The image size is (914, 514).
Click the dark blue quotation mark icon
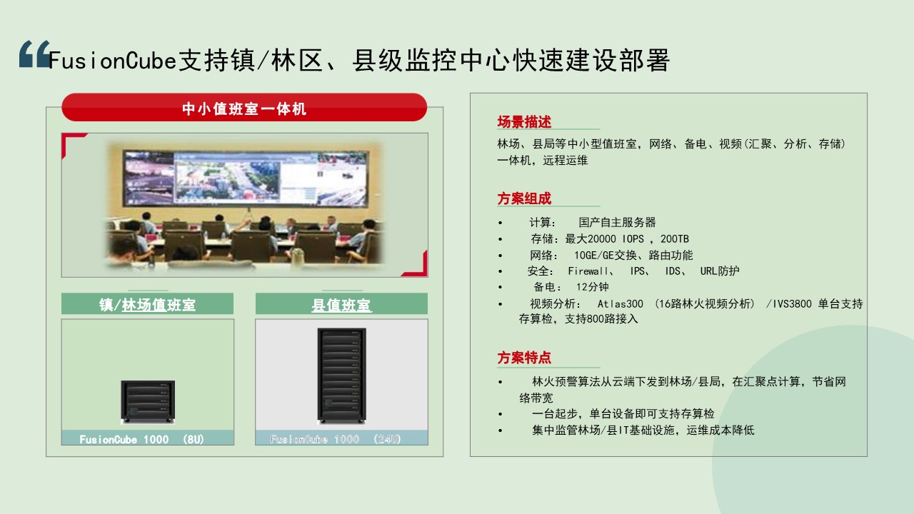coord(34,54)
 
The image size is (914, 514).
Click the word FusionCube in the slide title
coord(113,61)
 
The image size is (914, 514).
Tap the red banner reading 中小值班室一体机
coord(244,107)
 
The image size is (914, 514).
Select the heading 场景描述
coord(524,122)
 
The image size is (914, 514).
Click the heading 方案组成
coord(524,198)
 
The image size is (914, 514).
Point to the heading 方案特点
coord(524,358)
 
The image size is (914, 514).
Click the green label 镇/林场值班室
coord(147,305)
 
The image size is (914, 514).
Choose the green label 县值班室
coord(341,305)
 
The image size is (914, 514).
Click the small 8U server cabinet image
coord(148,402)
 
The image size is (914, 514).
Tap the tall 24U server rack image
coord(341,376)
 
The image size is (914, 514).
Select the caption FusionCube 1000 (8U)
coord(141,439)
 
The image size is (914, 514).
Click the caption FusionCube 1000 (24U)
coord(336,439)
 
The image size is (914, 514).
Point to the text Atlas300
coord(621,304)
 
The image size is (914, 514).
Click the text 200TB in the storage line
coord(675,238)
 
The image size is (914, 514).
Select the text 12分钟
coord(592,287)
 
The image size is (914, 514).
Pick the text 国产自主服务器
coord(617,222)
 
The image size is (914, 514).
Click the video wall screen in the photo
coord(246,177)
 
